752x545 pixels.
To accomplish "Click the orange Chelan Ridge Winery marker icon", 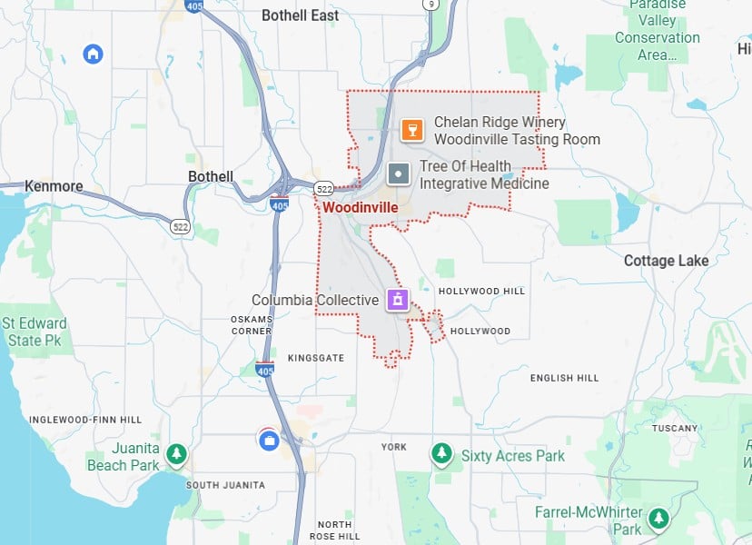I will (x=412, y=130).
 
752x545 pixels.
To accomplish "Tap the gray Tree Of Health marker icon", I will (x=398, y=173).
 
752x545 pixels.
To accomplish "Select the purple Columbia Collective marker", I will (x=397, y=299).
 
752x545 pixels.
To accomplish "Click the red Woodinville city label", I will (x=360, y=207).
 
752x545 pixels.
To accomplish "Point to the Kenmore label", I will (x=54, y=186).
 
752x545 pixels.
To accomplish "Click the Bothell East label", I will (x=300, y=15).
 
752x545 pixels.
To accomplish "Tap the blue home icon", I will (x=93, y=54).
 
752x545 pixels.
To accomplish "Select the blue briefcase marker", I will (x=269, y=441).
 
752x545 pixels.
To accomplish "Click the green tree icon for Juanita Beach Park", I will (x=178, y=451).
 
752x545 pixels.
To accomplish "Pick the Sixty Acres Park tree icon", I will (x=441, y=451).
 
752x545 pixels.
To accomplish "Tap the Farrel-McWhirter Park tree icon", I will (x=658, y=519).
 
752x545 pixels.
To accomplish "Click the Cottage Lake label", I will (x=666, y=261).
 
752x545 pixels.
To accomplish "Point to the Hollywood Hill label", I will (x=481, y=291).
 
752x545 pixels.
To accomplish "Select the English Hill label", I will (x=564, y=378).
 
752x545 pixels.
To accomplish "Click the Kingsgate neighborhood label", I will (x=316, y=358).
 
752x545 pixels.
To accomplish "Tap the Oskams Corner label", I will (x=252, y=325).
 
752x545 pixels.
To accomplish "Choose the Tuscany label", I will (x=675, y=428).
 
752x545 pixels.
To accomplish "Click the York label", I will (x=394, y=447).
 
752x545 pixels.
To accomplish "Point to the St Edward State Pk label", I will (x=34, y=332).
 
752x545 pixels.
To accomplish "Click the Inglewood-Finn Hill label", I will (x=85, y=420).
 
